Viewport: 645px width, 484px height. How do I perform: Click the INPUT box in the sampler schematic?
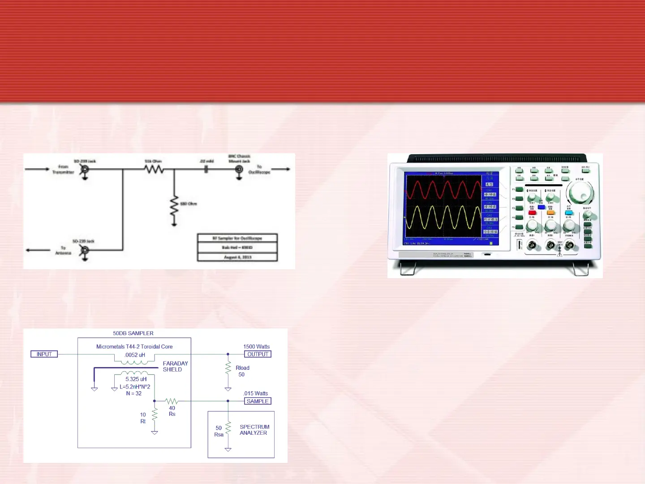(44, 354)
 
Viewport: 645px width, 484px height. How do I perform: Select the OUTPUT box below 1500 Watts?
(258, 354)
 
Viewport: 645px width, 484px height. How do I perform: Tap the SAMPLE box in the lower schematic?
(258, 401)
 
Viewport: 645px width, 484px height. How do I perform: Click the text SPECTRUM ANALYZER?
(254, 430)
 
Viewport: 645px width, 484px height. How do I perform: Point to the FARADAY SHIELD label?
(175, 367)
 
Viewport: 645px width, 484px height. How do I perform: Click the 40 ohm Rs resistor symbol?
(172, 401)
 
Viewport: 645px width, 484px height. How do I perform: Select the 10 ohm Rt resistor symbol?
(155, 414)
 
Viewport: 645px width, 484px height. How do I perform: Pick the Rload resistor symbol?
(228, 368)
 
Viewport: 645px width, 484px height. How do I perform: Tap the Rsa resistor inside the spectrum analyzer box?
(228, 428)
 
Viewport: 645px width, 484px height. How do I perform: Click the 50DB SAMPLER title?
(133, 333)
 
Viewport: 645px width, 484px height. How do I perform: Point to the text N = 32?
(134, 393)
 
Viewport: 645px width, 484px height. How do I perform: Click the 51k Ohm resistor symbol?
(154, 169)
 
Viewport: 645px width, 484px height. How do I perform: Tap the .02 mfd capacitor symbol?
(206, 169)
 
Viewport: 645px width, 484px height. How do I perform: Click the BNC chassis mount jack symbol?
(240, 169)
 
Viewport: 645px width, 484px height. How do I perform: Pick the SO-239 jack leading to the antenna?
(84, 250)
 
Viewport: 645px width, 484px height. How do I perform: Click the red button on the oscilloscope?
(532, 213)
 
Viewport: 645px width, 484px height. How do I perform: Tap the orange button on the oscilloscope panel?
(551, 213)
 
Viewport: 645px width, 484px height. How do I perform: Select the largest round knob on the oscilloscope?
(580, 193)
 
